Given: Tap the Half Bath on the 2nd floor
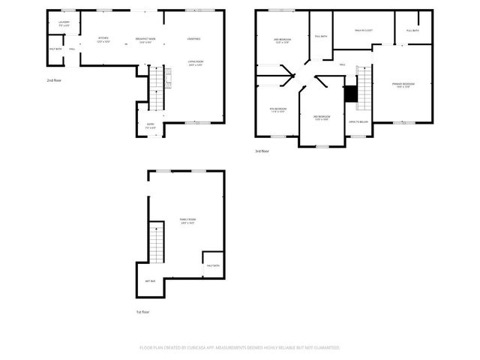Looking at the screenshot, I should coord(55,49).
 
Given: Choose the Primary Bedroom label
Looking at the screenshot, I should coord(403,85).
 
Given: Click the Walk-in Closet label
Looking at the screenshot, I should coord(363,31).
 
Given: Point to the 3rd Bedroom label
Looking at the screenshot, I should coord(322,118).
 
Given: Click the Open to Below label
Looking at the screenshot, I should coord(358,121).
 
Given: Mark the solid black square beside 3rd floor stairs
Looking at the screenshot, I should coord(350,94).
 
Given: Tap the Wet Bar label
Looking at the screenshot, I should coord(150,281).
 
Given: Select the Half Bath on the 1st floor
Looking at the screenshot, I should coord(211,265).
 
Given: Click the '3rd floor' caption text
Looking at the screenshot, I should coord(262,151).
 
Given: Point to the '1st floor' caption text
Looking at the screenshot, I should coord(142,311).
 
